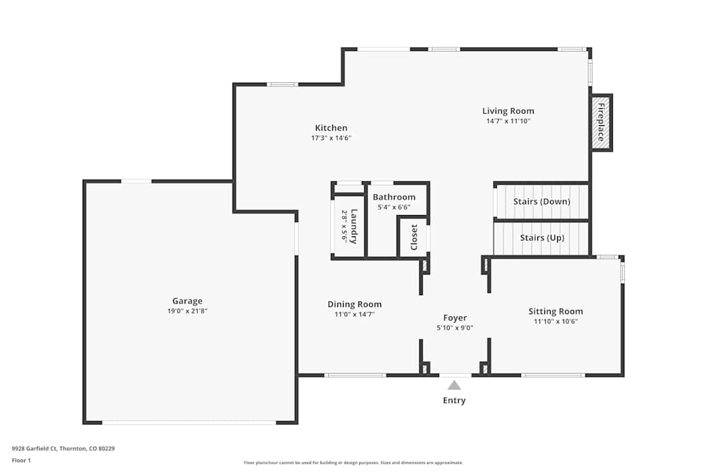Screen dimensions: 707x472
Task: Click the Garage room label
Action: click(187, 301)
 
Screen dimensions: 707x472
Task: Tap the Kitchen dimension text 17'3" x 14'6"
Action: click(331, 138)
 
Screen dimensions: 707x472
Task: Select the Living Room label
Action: click(508, 111)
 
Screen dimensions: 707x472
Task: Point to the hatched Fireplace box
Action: click(601, 122)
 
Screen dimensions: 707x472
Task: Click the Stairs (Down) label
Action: click(542, 201)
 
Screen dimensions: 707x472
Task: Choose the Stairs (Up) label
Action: click(542, 238)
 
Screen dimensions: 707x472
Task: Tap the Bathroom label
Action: click(394, 197)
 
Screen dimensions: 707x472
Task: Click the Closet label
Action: click(414, 237)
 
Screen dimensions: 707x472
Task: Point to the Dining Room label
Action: click(354, 304)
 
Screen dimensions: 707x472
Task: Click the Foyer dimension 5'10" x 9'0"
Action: click(455, 328)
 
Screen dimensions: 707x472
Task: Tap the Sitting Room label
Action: click(556, 311)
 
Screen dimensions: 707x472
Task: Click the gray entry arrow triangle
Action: click(454, 386)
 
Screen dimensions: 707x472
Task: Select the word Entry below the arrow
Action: click(454, 401)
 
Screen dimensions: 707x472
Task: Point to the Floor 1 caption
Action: click(21, 460)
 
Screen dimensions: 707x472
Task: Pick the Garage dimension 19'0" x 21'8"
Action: click(187, 311)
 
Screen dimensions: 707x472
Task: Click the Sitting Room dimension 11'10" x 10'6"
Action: click(556, 321)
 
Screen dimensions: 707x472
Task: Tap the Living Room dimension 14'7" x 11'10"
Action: click(508, 121)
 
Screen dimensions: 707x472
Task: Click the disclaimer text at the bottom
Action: click(353, 463)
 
